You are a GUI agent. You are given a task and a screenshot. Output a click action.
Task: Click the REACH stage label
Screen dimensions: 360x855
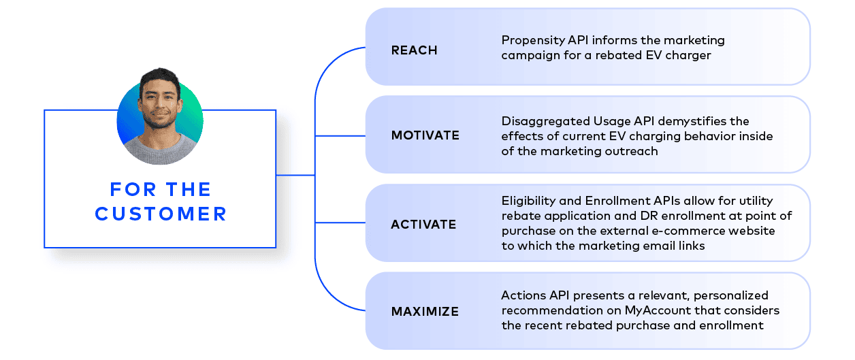414,50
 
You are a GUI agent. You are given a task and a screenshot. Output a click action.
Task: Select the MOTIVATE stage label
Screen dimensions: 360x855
425,135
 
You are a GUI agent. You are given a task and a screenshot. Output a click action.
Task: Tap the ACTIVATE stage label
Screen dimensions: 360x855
423,224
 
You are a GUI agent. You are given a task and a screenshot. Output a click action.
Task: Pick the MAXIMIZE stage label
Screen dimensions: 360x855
425,312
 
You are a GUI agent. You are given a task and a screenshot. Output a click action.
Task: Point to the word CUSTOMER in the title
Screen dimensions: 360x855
161,214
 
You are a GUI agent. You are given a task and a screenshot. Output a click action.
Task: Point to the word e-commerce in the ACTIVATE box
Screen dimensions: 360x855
689,231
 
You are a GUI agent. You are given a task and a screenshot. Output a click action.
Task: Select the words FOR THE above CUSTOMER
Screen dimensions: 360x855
161,189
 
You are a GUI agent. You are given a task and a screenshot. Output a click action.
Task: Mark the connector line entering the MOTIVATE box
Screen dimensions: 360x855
340,135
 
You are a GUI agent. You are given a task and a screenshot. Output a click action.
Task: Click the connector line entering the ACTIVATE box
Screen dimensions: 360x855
340,223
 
